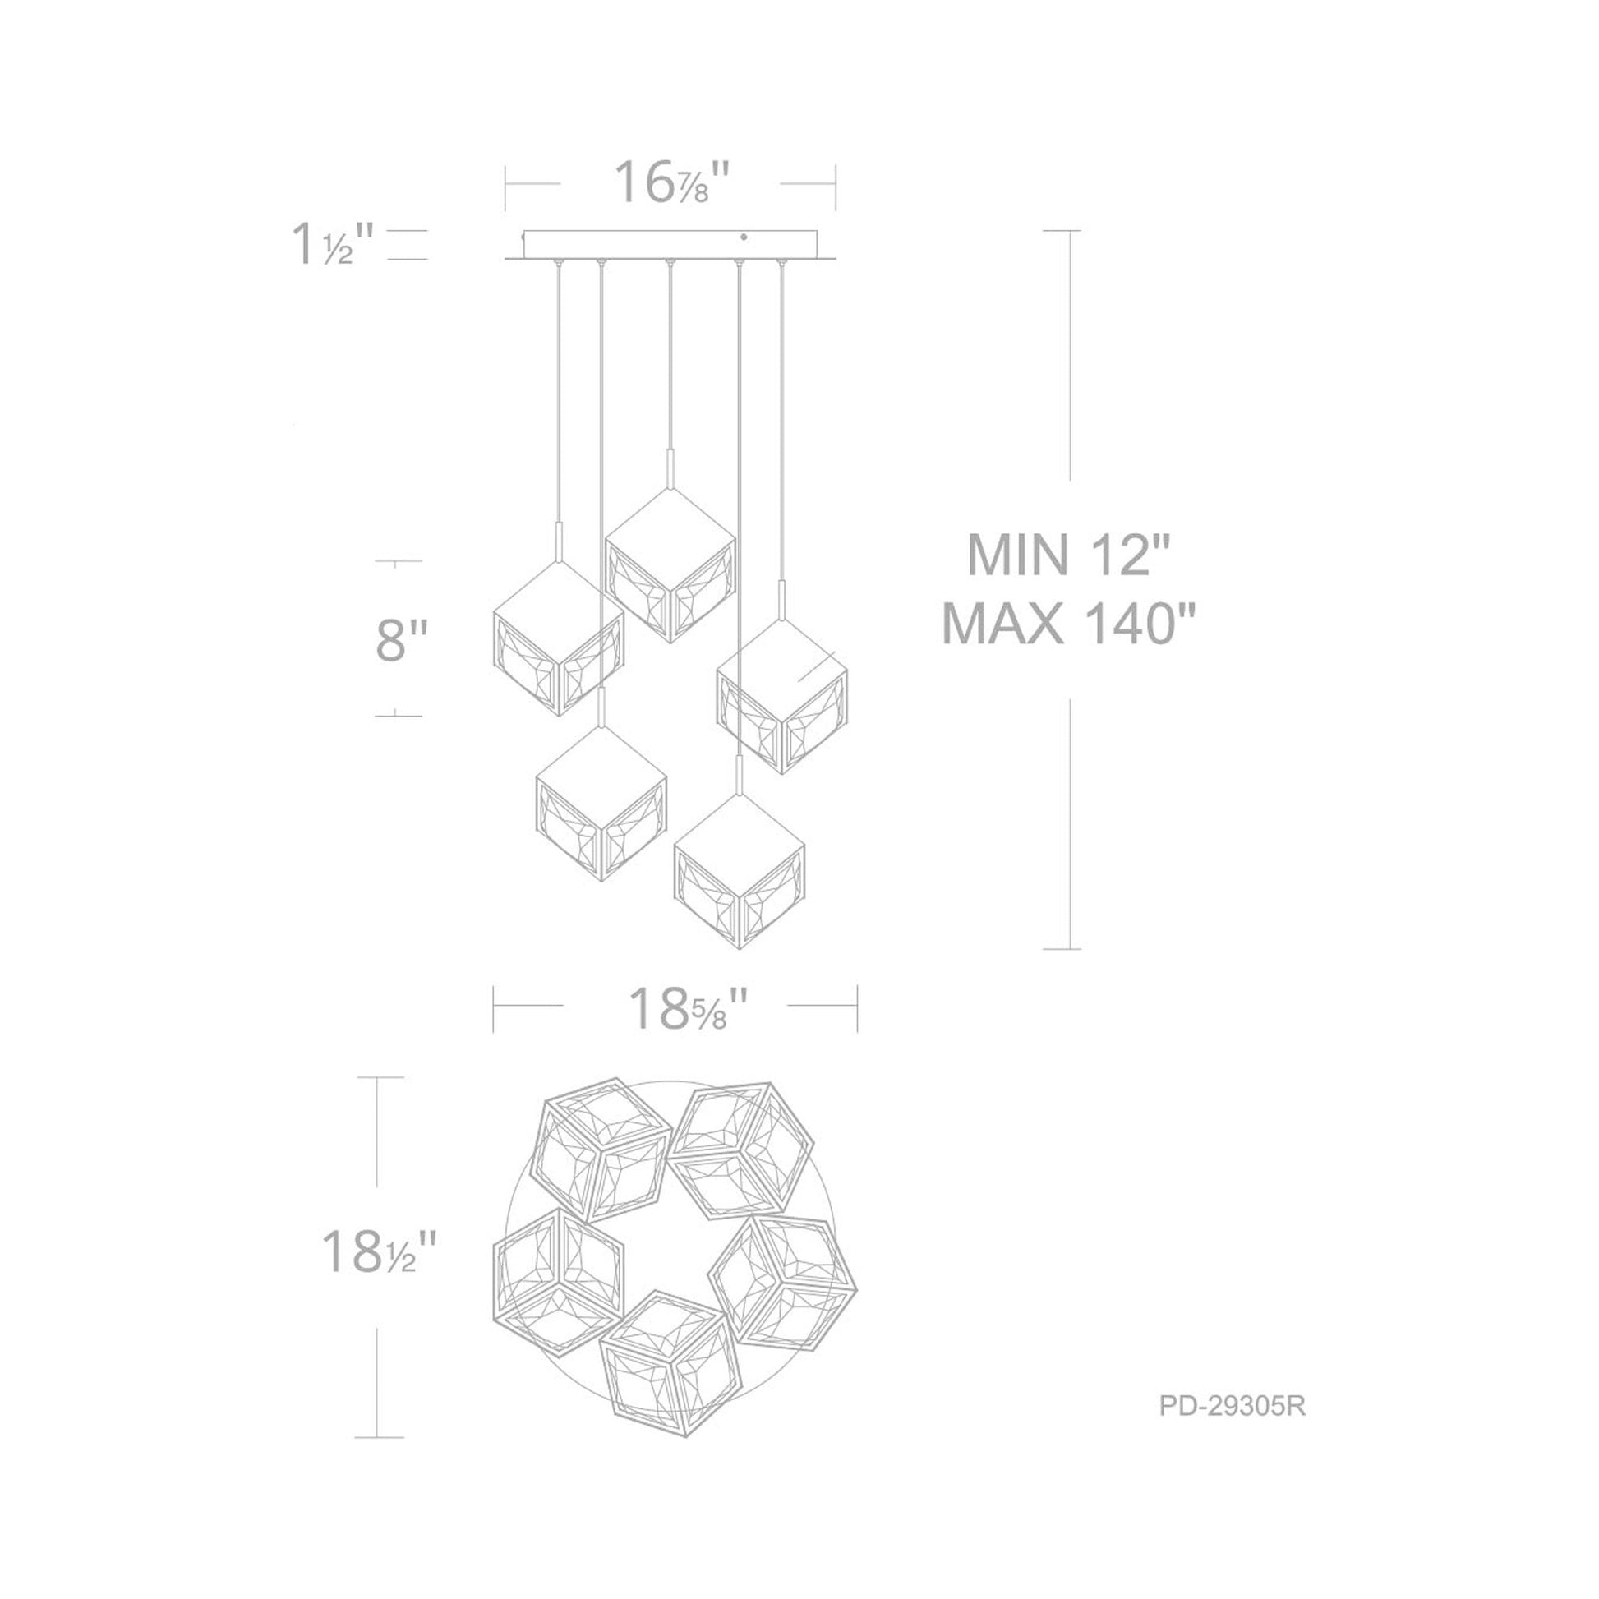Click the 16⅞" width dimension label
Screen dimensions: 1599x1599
coord(672,184)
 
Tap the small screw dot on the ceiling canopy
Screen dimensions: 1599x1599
coord(744,237)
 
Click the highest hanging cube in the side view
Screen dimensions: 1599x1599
coord(670,566)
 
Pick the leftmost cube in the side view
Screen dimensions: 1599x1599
coord(558,638)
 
